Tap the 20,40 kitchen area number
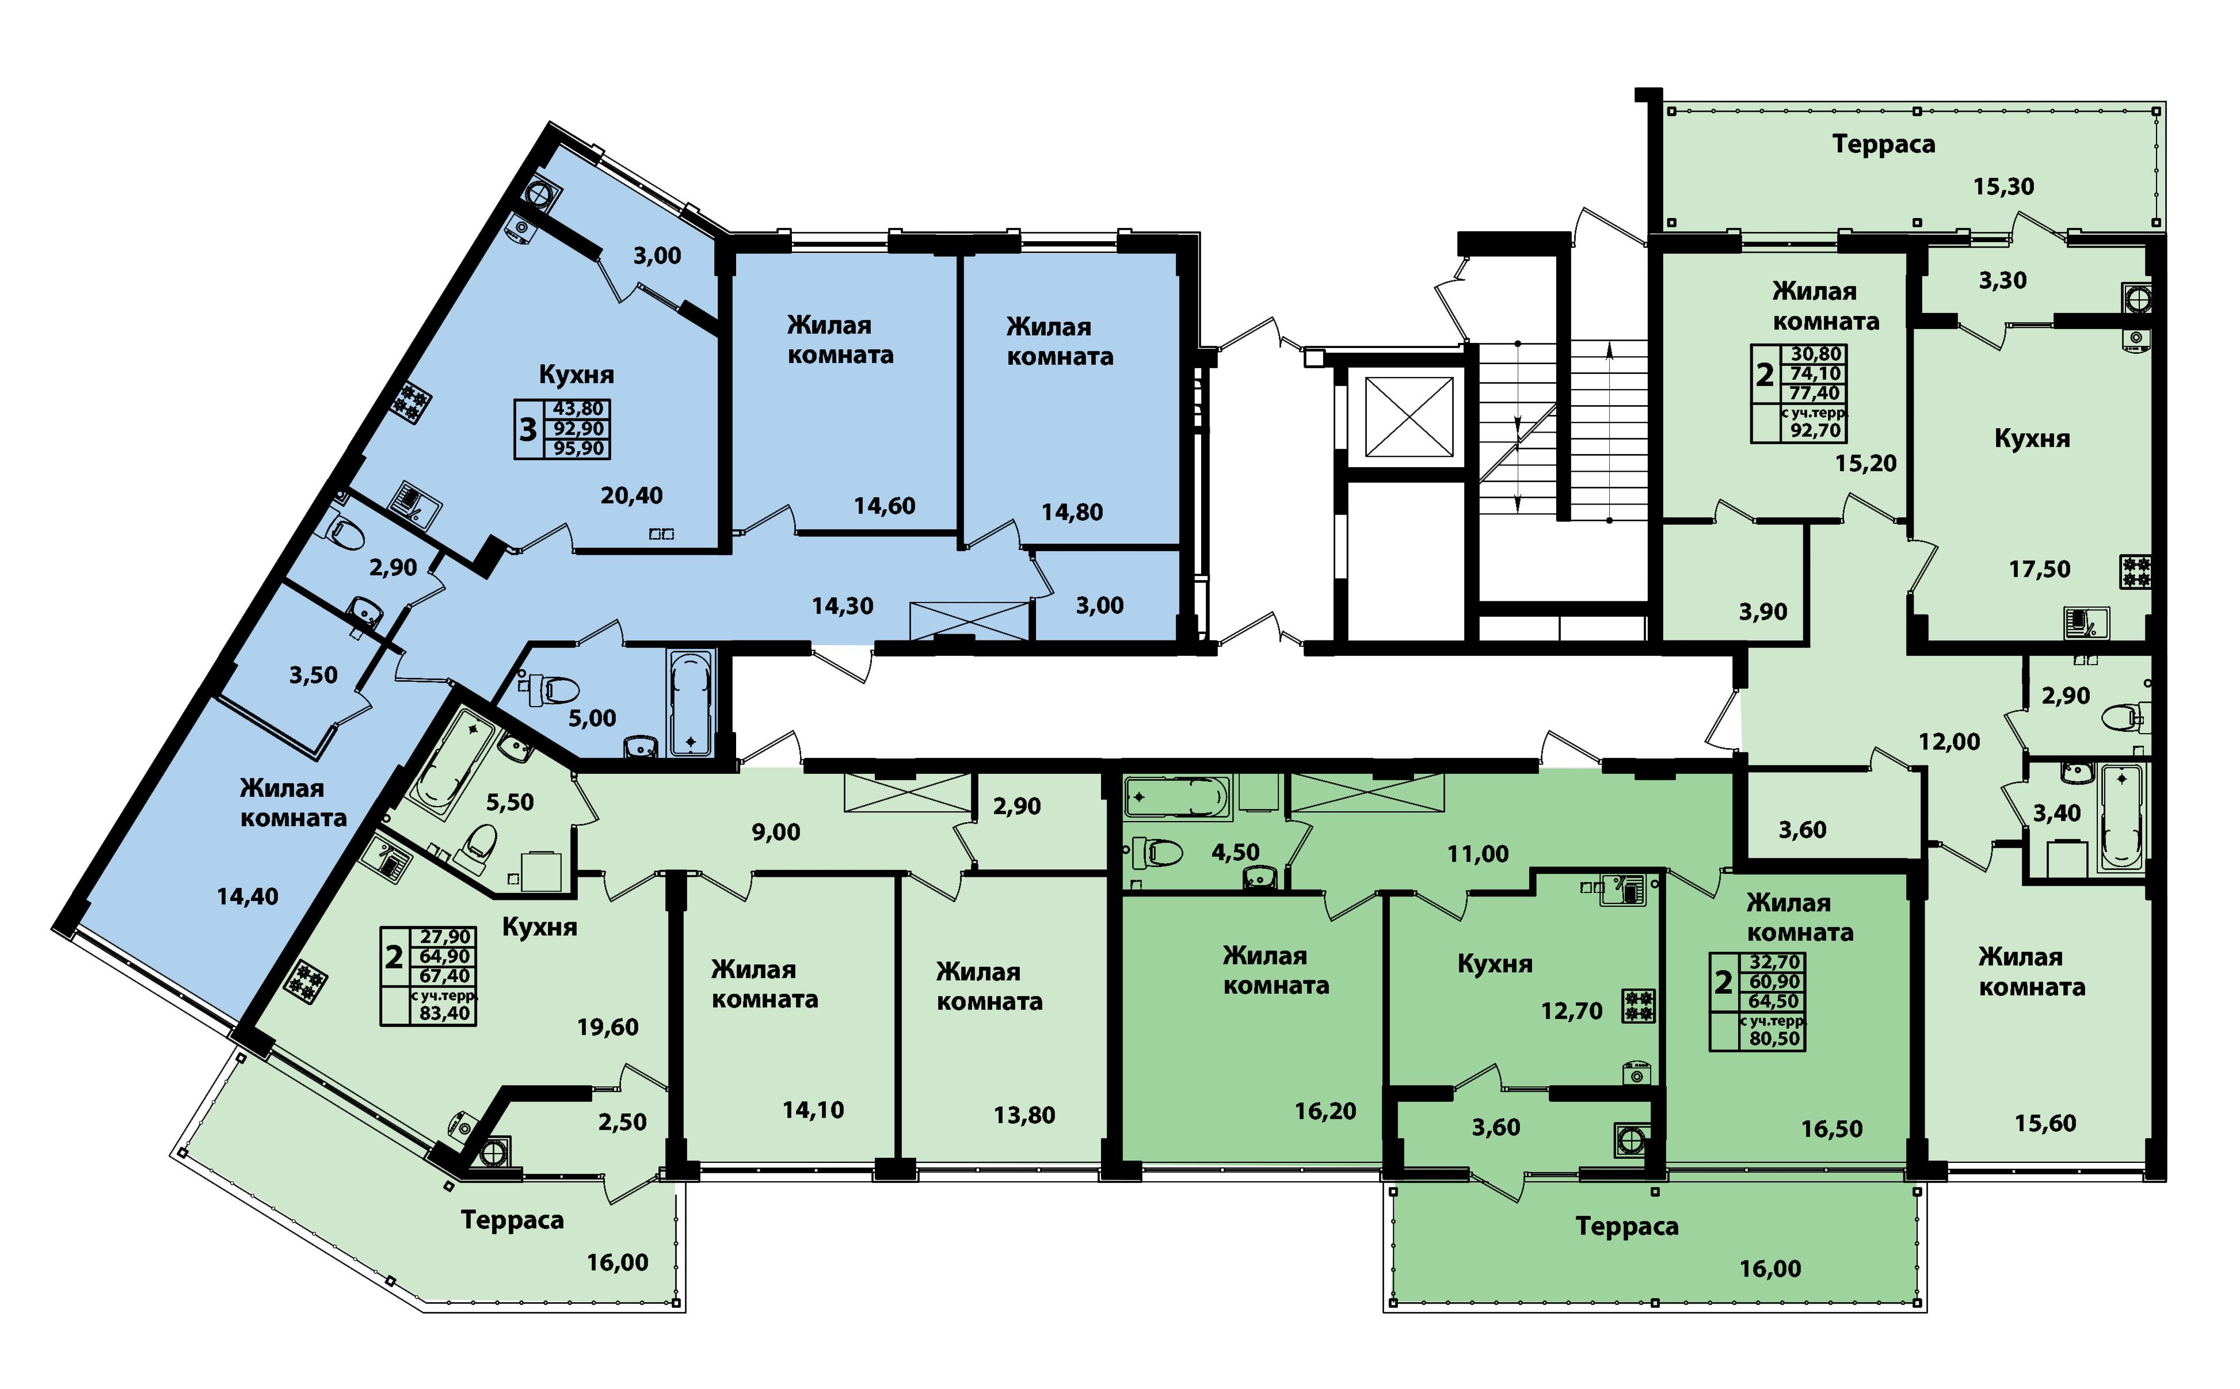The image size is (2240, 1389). (x=631, y=496)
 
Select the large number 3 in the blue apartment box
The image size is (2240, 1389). (x=527, y=429)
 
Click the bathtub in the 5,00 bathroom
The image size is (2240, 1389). (x=691, y=703)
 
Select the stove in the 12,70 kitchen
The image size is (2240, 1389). (x=1638, y=1006)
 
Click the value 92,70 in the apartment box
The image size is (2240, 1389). (x=1815, y=430)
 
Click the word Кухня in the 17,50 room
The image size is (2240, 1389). (x=2032, y=439)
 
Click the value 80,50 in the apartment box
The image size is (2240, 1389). (x=1774, y=1039)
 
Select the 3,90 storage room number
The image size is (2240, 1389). (x=1762, y=612)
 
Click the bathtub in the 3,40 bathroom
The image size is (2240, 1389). (x=2120, y=818)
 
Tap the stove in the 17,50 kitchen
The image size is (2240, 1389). (x=2136, y=571)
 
